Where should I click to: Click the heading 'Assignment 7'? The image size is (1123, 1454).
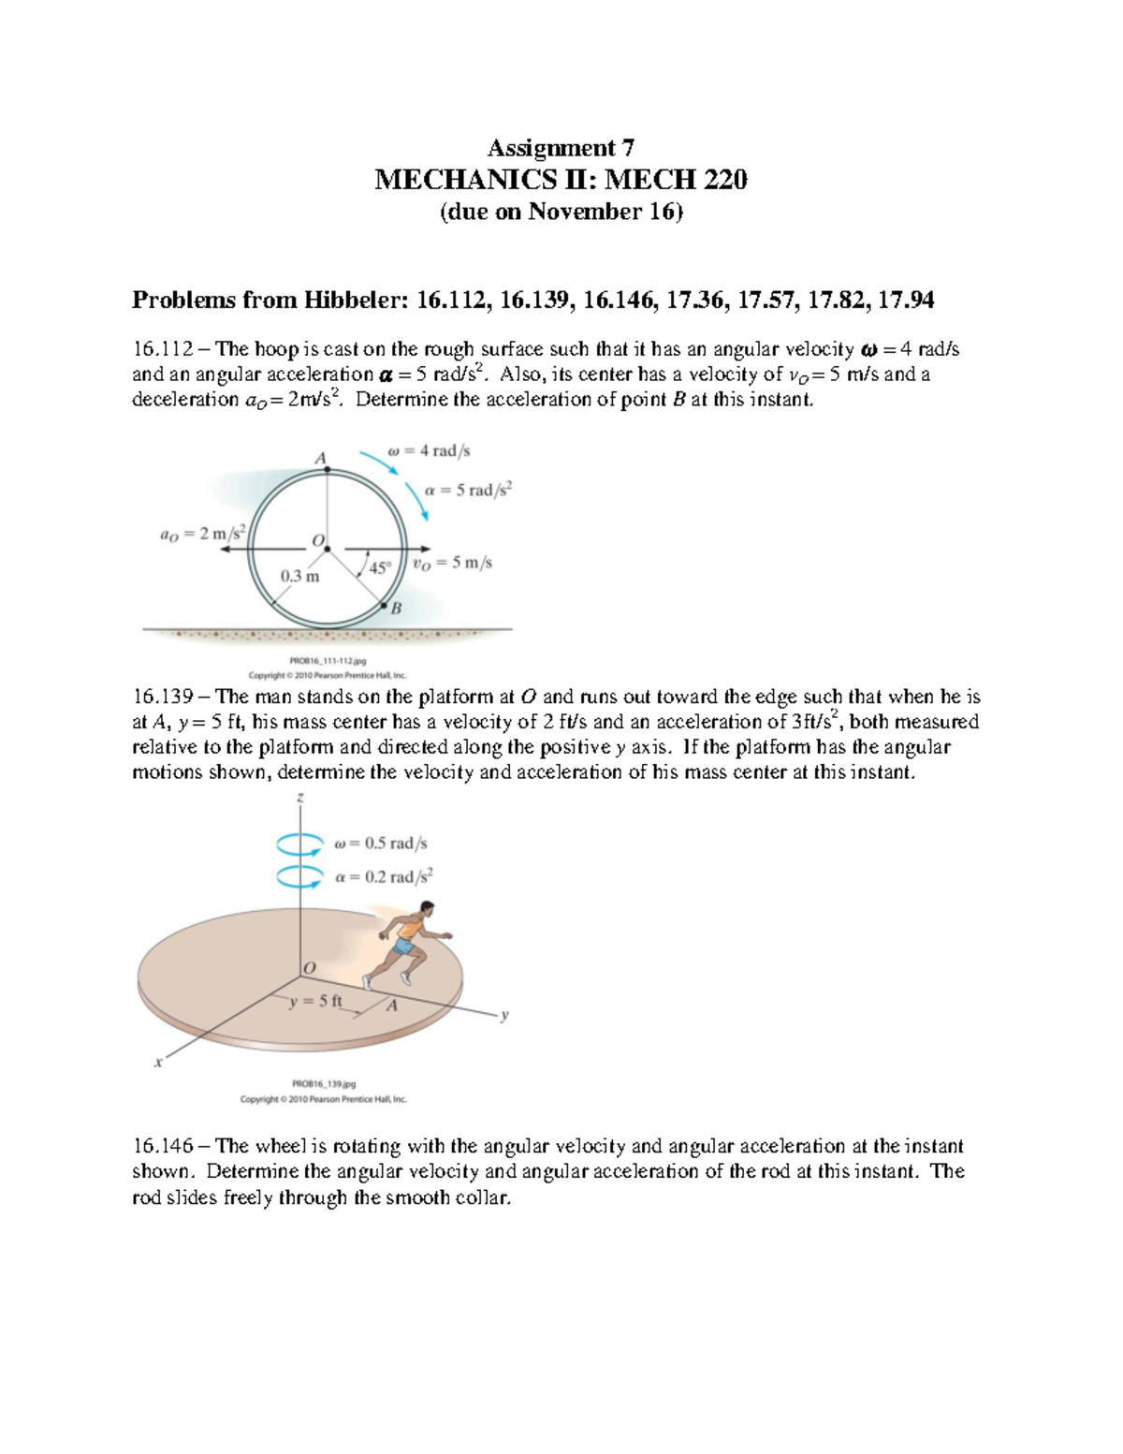tap(561, 148)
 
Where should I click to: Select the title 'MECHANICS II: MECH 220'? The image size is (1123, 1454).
tap(561, 180)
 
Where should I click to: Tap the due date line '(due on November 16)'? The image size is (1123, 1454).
tap(561, 212)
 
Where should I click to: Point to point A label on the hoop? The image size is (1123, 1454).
tap(320, 458)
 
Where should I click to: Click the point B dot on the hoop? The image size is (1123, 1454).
tap(383, 606)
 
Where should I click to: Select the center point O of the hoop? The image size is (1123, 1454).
tap(327, 550)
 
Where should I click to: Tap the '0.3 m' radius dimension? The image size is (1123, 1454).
tap(299, 577)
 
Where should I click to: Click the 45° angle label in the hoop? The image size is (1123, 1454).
tap(380, 567)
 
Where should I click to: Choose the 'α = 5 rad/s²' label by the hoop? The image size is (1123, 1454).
tap(468, 490)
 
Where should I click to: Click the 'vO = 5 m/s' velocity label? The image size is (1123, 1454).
tap(452, 564)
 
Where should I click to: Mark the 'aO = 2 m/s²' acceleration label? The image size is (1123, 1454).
tap(202, 534)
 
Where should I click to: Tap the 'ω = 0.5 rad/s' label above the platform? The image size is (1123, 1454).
tap(380, 843)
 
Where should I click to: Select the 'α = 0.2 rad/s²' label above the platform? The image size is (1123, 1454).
tap(384, 877)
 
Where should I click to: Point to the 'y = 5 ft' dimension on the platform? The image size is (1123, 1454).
tap(315, 1000)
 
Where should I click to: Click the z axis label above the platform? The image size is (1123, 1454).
tap(299, 798)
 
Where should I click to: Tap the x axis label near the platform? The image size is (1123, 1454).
tap(159, 1062)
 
